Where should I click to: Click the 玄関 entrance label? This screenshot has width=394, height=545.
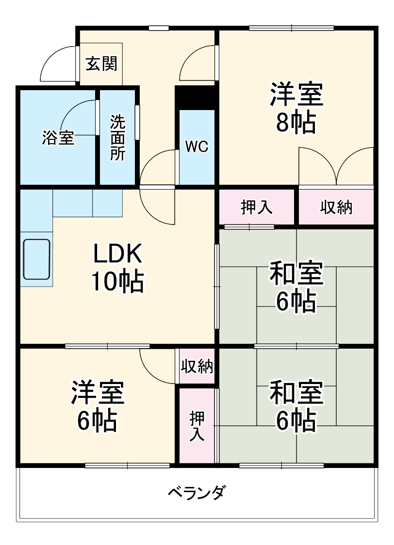coord(101,64)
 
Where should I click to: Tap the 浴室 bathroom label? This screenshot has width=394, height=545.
coord(58,138)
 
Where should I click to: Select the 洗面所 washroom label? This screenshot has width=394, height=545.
coord(117,137)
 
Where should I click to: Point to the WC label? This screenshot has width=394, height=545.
coord(197,146)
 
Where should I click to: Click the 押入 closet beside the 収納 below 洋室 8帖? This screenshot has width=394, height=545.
coord(257,207)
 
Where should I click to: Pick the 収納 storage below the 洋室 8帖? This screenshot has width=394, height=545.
coord(336,207)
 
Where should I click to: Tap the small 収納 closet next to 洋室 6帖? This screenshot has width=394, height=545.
coord(197,367)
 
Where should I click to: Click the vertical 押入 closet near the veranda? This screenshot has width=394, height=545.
coord(197,425)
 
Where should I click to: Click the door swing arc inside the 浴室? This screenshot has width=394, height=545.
coord(78,116)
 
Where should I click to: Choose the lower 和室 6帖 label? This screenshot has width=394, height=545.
coord(296,406)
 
